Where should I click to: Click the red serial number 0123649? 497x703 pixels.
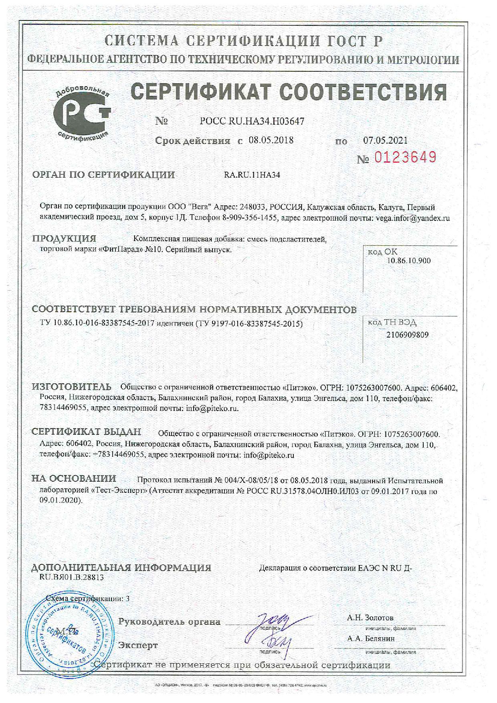[405, 158]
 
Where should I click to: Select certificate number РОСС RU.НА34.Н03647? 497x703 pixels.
[252, 121]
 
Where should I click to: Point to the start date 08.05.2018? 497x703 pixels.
[271, 140]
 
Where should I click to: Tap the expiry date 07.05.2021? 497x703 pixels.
[385, 140]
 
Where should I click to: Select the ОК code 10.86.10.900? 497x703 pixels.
[408, 261]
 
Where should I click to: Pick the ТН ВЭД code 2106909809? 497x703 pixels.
[407, 334]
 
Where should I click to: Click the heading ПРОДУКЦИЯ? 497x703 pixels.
[64, 239]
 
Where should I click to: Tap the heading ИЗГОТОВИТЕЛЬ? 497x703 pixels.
[72, 387]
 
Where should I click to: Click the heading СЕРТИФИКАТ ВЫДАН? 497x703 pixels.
[87, 432]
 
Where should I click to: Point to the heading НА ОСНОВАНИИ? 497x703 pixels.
[74, 478]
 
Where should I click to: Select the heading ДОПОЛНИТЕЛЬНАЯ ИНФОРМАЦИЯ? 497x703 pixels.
[121, 568]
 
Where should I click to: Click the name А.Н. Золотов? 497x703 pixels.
[370, 618]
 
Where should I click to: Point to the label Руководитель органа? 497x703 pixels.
[169, 622]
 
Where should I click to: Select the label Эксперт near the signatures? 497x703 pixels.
[138, 645]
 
